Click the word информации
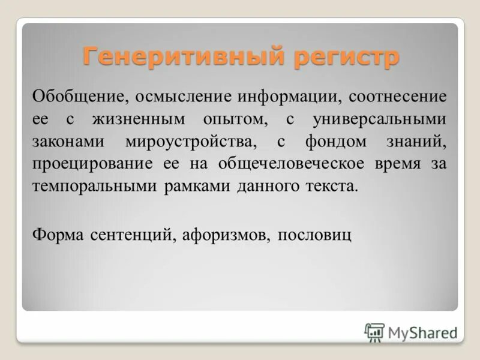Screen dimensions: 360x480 point(284,96)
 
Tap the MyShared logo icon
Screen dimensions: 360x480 point(374,332)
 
